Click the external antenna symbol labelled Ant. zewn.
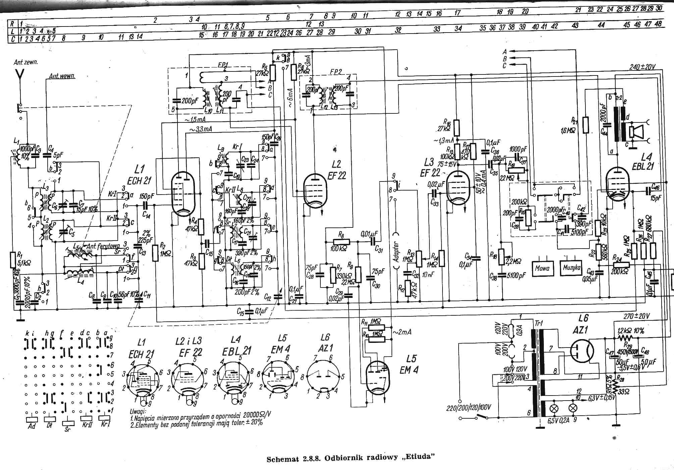pyautogui.click(x=20, y=75)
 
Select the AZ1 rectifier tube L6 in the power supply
pyautogui.click(x=582, y=351)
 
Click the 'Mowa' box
pyautogui.click(x=542, y=268)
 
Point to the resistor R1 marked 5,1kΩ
pyautogui.click(x=13, y=260)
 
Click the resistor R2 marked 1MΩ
pyautogui.click(x=155, y=253)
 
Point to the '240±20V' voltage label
pyautogui.click(x=642, y=67)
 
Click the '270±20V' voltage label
pyautogui.click(x=636, y=316)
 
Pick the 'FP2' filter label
pyautogui.click(x=335, y=71)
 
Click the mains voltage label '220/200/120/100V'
pyautogui.click(x=468, y=408)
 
